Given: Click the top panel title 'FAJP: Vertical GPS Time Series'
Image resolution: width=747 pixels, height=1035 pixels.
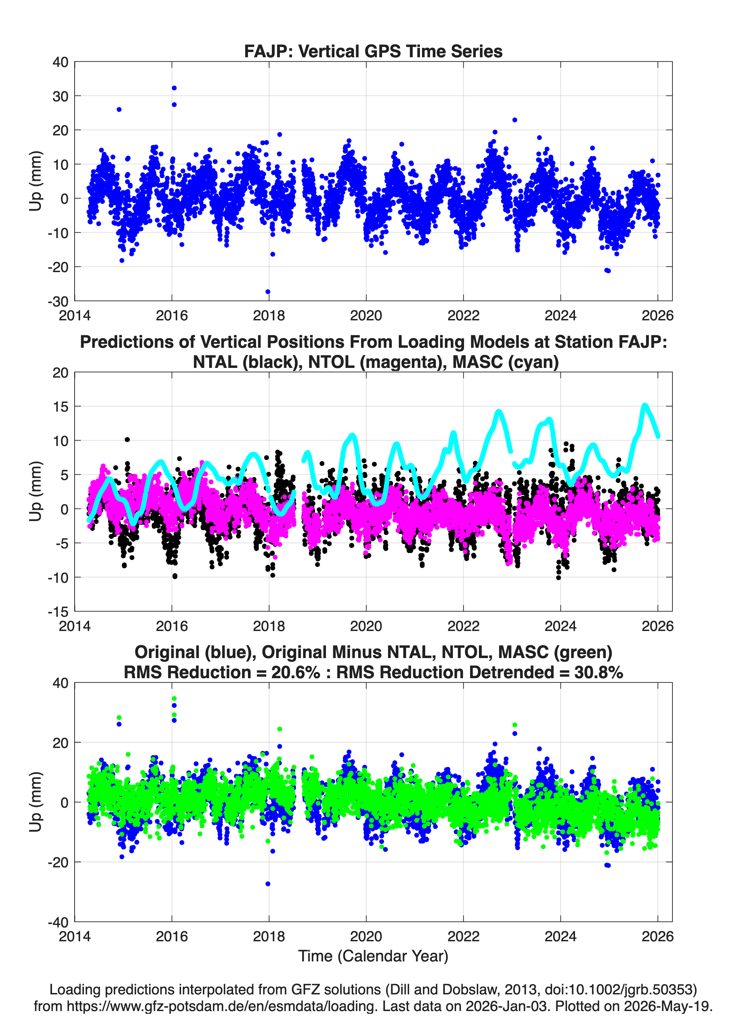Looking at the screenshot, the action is (x=373, y=51).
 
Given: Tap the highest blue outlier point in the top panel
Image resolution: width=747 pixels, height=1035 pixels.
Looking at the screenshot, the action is (x=174, y=88).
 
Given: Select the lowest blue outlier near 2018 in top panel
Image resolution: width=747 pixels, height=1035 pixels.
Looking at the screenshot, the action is (x=268, y=292).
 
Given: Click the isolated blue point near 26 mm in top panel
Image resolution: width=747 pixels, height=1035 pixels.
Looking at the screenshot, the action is (x=119, y=110).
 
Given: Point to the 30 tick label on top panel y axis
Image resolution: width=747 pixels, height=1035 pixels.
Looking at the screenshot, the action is (x=60, y=96).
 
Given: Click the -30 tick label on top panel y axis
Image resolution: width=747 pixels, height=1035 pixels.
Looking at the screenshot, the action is (x=58, y=301).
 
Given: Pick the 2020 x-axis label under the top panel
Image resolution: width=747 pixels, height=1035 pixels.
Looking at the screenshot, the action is (x=366, y=315).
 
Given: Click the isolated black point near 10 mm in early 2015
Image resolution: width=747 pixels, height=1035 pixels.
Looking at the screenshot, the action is (x=127, y=439).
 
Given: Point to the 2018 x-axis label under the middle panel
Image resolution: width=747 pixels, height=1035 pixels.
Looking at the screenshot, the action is (x=269, y=626).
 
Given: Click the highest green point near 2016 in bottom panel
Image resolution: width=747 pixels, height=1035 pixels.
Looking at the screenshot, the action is (x=174, y=699).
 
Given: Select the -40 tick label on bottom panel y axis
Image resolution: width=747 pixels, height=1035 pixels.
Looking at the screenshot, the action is (x=58, y=922).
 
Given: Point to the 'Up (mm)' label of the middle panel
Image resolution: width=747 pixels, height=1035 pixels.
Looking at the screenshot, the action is (x=36, y=491).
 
